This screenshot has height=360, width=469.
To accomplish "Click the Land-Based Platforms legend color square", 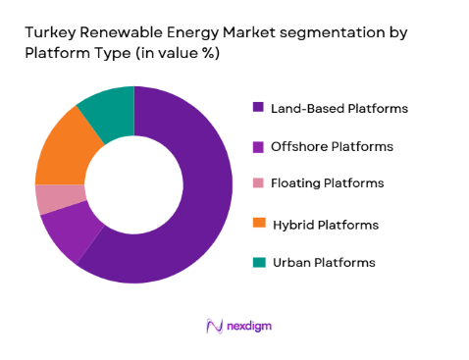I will tap(259, 108).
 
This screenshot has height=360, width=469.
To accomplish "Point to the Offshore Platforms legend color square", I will tap(259, 146).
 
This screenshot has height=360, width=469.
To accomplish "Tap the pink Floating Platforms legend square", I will tap(259, 183).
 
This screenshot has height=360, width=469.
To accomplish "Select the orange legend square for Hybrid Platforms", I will tap(259, 225).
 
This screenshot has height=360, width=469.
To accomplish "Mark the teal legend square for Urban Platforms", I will tap(259, 262).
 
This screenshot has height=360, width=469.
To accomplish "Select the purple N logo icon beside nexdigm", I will tap(214, 325).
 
